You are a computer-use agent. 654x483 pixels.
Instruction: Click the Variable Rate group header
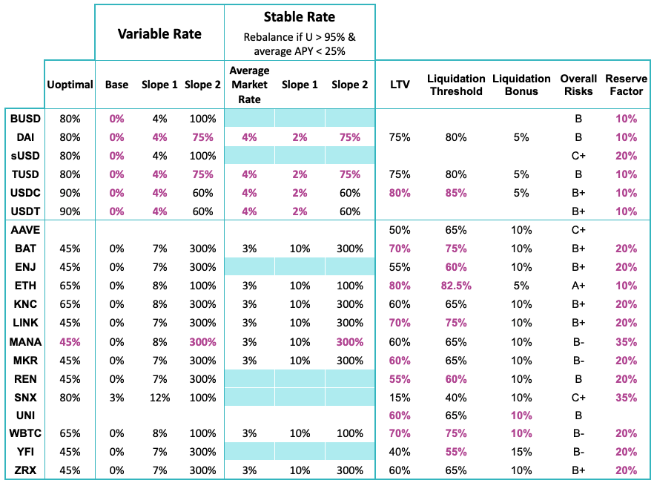point(159,34)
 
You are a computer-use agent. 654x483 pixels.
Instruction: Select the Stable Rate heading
point(300,16)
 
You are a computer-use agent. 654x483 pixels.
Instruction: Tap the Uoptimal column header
point(70,85)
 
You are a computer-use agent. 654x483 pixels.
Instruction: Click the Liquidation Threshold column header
point(456,85)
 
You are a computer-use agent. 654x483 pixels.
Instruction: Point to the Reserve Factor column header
point(626,85)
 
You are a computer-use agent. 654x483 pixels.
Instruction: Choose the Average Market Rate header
point(249,85)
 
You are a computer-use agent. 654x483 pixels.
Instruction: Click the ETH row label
point(25,286)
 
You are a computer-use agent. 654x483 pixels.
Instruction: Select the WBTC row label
point(25,433)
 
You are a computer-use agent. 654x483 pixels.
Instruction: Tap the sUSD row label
point(25,156)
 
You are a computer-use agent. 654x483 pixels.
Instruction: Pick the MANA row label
point(25,342)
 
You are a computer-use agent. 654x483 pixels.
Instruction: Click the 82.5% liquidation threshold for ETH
point(456,286)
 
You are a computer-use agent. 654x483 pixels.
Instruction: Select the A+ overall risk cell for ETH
point(578,286)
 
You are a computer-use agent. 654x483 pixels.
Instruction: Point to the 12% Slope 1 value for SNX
point(159,397)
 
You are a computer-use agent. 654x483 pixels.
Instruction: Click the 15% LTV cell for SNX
point(400,397)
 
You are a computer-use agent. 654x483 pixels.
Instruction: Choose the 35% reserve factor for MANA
point(626,342)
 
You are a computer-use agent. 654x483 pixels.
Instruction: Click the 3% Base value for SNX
point(116,397)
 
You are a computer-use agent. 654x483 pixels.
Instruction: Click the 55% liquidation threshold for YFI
point(456,452)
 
